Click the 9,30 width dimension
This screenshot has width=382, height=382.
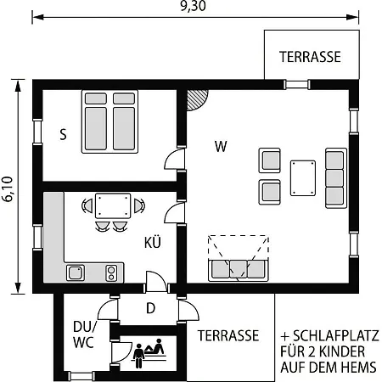193,6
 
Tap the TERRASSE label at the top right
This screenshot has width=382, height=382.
310,57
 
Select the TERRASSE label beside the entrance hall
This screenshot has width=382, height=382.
228,336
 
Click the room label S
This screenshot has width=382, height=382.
63,134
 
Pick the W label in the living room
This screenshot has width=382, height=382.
221,146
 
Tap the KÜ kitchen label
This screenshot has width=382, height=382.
153,244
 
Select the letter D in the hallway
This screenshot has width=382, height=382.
150,307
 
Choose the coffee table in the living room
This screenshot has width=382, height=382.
302,177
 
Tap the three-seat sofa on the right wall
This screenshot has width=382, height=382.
334,177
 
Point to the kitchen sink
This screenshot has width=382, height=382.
76,272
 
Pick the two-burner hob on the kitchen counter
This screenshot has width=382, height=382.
110,272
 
